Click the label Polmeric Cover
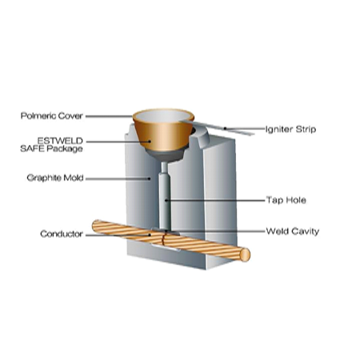[x=52, y=116]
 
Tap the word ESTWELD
[x=60, y=141]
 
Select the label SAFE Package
[x=51, y=149]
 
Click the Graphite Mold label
[x=55, y=178]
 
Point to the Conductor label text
[x=62, y=234]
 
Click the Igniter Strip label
[x=290, y=129]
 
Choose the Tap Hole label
[x=286, y=200]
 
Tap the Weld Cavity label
[x=293, y=231]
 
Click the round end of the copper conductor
[x=245, y=255]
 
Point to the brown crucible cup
[x=162, y=134]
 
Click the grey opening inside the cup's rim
[x=163, y=116]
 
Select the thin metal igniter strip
[x=216, y=127]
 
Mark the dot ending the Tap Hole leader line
[x=166, y=200]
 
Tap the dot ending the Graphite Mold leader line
[x=150, y=179]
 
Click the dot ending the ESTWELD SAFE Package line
[x=150, y=142]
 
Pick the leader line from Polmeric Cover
[x=109, y=116]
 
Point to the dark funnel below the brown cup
[x=165, y=155]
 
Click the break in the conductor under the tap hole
[x=162, y=239]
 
